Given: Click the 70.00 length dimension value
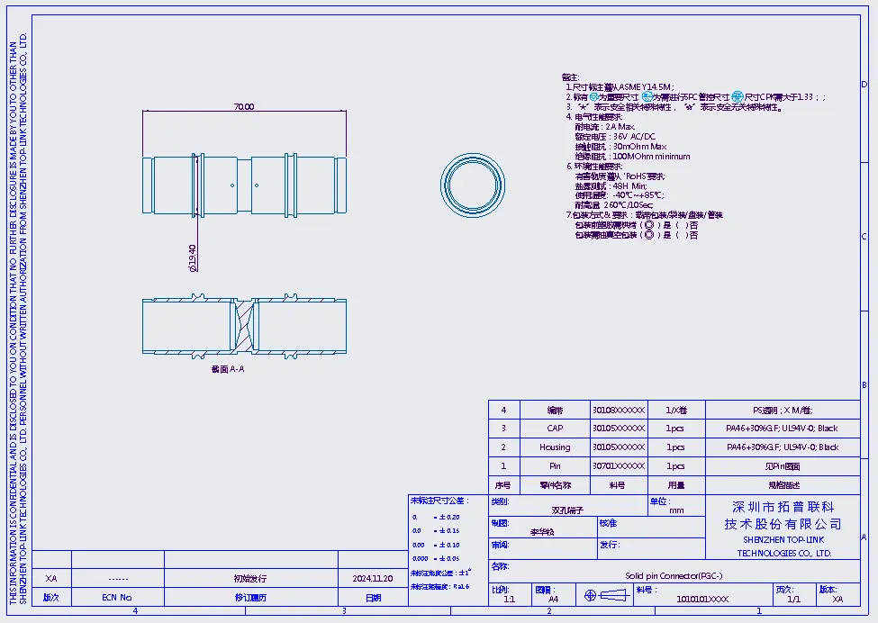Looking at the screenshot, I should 244,106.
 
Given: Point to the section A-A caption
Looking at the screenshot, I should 227,368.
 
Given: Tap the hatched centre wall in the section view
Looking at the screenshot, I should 244,325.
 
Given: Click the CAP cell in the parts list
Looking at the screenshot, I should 555,429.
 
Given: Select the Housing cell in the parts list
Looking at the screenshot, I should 555,447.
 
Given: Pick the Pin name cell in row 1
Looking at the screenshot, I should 555,466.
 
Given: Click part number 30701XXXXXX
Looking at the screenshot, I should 619,466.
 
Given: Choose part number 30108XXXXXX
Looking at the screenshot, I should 619,410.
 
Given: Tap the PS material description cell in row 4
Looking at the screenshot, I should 782,410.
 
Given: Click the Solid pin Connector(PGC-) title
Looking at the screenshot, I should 674,576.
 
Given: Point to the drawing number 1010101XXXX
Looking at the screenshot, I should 702,599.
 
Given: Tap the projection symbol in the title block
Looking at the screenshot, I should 603,596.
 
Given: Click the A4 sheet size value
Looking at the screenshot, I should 553,599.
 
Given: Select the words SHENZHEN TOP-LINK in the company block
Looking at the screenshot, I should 783,539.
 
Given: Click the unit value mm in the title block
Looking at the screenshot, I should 677,510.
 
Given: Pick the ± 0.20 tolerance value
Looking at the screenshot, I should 447,518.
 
